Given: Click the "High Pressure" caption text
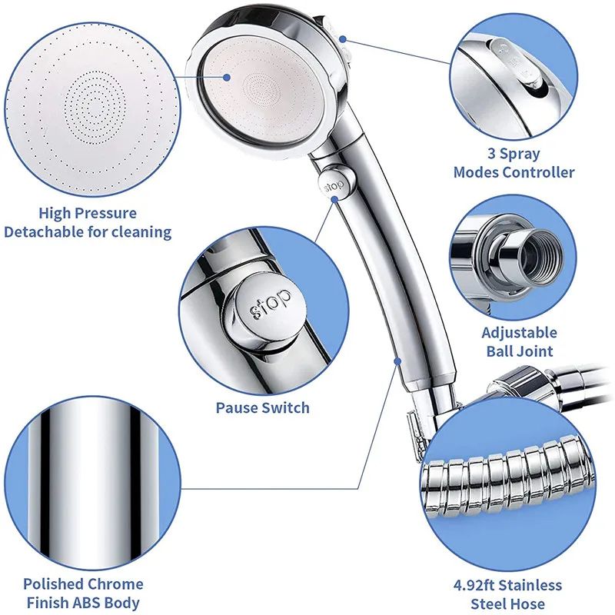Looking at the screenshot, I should [x=88, y=213].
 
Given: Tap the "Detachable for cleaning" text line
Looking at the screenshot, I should [x=88, y=232].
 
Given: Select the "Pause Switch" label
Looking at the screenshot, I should [x=262, y=407].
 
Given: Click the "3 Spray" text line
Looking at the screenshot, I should [x=514, y=153].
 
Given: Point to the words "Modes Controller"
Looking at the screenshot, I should [x=514, y=172].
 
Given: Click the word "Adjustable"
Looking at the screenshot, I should [x=519, y=333].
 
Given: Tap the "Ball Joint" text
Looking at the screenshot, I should [x=519, y=352].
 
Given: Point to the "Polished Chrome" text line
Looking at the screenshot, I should [x=83, y=584].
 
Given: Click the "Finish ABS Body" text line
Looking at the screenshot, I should [x=83, y=603].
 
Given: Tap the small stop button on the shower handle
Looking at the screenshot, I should [x=332, y=185].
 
